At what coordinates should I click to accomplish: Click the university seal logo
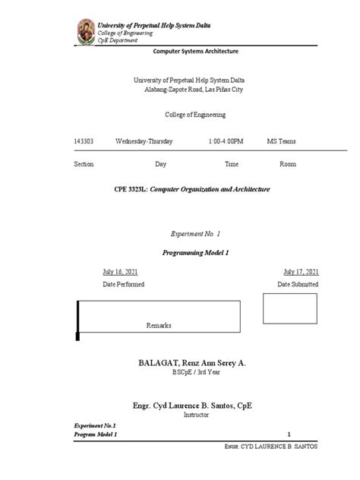point(87,32)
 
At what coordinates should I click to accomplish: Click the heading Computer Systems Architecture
point(196,52)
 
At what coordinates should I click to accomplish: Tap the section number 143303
point(84,141)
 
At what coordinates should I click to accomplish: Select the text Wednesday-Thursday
point(144,141)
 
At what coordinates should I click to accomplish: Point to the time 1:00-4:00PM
point(226,141)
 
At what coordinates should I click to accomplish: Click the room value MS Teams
point(281,141)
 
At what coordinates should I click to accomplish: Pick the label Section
point(84,164)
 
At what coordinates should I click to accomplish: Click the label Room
point(287,164)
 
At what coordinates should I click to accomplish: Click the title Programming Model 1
point(195,251)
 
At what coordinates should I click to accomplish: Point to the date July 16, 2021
point(120,271)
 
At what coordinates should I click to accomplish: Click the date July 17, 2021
point(301,271)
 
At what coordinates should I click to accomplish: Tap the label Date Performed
point(123,284)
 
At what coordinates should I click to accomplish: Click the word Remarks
point(159,325)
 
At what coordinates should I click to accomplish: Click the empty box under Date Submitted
point(289,308)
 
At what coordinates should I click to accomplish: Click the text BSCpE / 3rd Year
point(195,374)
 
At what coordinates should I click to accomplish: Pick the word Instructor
point(195,415)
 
